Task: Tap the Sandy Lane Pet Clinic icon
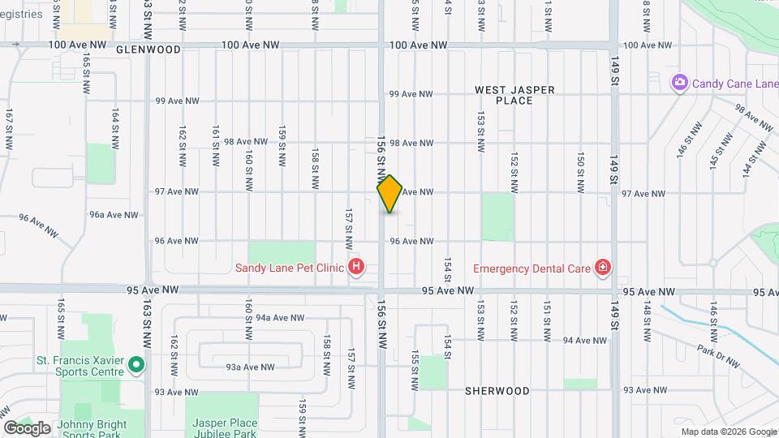coord(355,267)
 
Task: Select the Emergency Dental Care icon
coord(602,268)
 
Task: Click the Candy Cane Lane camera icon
coord(680,83)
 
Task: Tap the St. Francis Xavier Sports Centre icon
coord(136,366)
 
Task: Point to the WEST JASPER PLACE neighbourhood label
coord(514,95)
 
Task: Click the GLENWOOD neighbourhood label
coord(148,49)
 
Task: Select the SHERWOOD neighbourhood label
coord(497,391)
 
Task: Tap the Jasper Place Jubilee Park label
coord(225,428)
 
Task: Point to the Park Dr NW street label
coord(717,354)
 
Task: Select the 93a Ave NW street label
coord(247,367)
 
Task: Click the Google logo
coord(27,428)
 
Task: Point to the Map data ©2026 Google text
coord(728,432)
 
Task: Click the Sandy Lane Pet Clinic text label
coord(290,268)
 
